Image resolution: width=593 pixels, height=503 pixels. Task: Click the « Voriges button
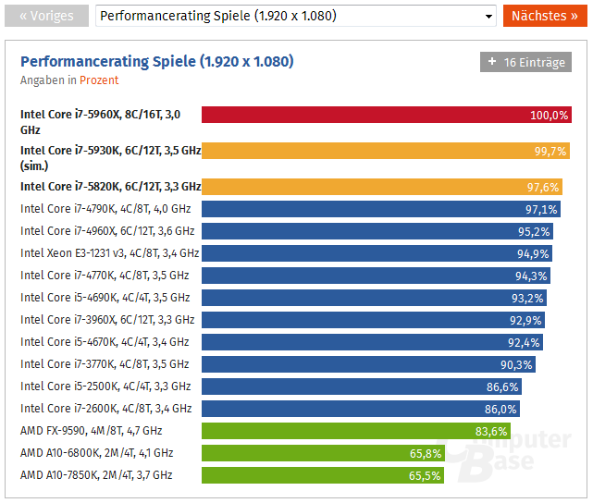pyautogui.click(x=45, y=16)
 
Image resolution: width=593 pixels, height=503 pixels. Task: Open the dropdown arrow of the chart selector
pyautogui.click(x=489, y=16)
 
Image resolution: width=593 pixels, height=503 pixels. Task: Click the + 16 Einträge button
pyautogui.click(x=525, y=63)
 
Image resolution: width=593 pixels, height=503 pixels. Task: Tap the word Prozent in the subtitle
pyautogui.click(x=99, y=80)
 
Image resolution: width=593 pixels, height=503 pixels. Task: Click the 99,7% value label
pyautogui.click(x=550, y=151)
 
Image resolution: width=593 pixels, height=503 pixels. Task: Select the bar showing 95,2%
pyautogui.click(x=370, y=231)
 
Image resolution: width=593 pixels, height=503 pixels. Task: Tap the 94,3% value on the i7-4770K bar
pyautogui.click(x=531, y=276)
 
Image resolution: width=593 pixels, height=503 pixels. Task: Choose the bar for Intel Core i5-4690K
pyautogui.click(x=370, y=298)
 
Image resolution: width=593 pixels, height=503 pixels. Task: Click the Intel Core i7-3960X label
pyautogui.click(x=107, y=320)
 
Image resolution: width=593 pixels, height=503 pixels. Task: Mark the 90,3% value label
pyautogui.click(x=517, y=364)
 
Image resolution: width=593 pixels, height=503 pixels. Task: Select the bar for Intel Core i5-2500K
pyautogui.click(x=361, y=386)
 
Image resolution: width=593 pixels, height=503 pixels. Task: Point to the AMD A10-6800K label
pyautogui.click(x=96, y=453)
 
